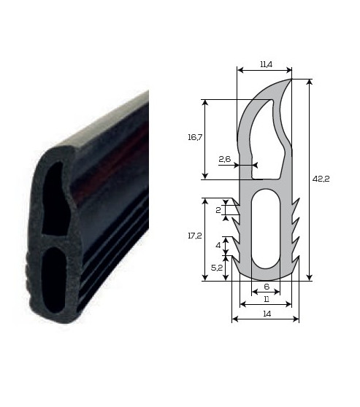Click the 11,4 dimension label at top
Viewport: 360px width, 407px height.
coord(266,64)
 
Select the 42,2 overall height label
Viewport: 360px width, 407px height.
coord(321,179)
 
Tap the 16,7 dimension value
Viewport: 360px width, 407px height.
coord(195,137)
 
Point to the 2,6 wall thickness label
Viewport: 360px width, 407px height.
coord(225,159)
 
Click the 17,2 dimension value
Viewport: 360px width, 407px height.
coord(195,236)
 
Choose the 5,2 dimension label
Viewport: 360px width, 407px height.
coord(217,268)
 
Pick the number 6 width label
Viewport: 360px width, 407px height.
coord(267,287)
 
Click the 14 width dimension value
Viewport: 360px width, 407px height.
coord(267,314)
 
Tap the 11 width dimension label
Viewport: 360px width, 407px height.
coord(267,299)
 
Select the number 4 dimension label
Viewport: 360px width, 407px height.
coord(218,245)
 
